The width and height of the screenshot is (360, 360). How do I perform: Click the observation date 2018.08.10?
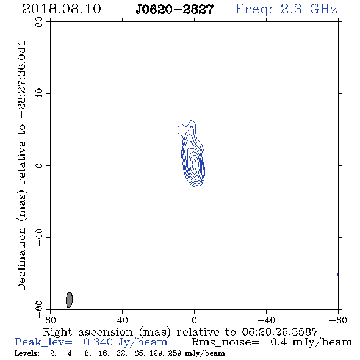(x=62, y=9)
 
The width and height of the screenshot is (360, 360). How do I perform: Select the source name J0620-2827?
(x=175, y=9)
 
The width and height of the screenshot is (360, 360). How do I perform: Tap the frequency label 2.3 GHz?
(x=309, y=9)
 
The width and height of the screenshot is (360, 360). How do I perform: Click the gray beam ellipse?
(x=69, y=300)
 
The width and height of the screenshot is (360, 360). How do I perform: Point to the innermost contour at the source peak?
(x=194, y=164)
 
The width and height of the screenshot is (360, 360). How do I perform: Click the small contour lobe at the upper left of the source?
(x=181, y=129)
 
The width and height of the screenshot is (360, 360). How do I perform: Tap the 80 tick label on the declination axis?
(x=39, y=22)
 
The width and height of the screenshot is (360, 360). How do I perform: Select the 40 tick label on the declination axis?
(x=39, y=94)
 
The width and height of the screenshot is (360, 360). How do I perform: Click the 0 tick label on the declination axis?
(x=39, y=165)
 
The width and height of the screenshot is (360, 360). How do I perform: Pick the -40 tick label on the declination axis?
(x=39, y=237)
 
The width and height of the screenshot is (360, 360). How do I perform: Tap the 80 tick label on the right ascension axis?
(x=50, y=320)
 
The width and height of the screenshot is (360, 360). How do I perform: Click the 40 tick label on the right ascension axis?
(x=122, y=320)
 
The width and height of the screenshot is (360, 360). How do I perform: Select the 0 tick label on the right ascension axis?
(x=194, y=320)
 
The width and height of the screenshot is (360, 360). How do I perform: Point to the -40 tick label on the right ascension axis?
(x=266, y=320)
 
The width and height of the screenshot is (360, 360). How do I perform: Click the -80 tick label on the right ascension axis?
(x=338, y=320)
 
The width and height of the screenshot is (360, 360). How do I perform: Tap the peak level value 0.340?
(x=98, y=342)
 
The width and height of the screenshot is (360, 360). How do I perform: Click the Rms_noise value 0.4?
(x=278, y=342)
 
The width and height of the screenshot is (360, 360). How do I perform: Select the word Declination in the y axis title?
(x=21, y=259)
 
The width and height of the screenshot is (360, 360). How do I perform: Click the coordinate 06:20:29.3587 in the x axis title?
(x=279, y=332)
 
